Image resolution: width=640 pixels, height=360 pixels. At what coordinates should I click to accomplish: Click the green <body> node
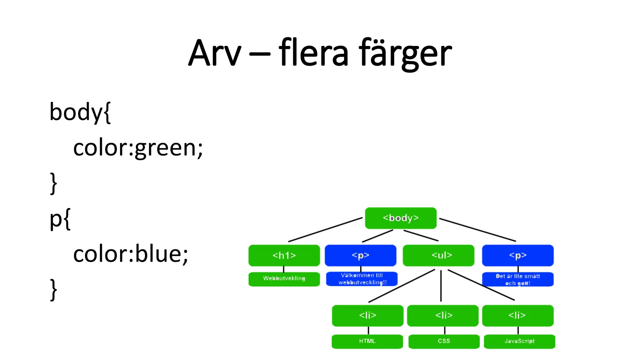tap(401, 218)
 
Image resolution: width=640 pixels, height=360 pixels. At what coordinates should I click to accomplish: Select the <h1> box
tap(284, 255)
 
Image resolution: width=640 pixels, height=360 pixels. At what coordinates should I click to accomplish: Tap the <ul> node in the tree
tap(438, 255)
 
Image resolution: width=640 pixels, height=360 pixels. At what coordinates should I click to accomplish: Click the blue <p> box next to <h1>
tap(360, 255)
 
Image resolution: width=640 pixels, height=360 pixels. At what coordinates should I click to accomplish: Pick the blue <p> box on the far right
tap(518, 255)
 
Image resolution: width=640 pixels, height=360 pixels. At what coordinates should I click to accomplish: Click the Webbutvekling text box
tap(284, 279)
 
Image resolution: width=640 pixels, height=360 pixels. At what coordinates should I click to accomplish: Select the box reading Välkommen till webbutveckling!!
tap(362, 279)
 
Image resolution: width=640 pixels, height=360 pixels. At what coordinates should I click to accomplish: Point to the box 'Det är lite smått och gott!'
tap(518, 279)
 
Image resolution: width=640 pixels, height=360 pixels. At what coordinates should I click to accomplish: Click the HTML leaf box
tap(367, 341)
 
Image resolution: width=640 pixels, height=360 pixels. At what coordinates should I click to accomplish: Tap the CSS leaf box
tap(444, 341)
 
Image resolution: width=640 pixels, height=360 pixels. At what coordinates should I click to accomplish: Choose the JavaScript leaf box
tap(519, 341)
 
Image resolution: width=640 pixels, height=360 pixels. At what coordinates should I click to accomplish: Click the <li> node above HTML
tap(367, 315)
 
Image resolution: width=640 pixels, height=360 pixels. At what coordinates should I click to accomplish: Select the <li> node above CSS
tap(443, 315)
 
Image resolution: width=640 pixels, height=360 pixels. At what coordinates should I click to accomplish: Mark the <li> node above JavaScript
tap(518, 315)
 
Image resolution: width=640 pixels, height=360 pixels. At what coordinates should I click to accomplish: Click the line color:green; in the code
tap(138, 148)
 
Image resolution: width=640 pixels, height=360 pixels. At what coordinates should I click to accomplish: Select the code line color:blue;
tap(131, 254)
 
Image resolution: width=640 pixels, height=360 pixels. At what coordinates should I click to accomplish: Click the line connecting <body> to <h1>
tap(325, 230)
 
